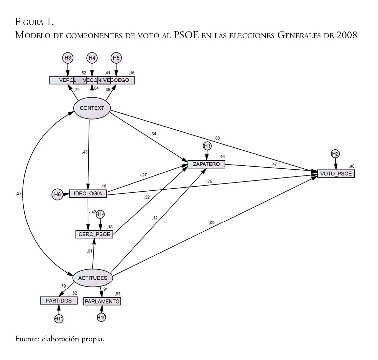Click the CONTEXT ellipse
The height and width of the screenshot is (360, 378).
click(92, 108)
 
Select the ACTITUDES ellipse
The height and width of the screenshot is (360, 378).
click(93, 278)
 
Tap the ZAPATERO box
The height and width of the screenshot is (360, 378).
click(206, 164)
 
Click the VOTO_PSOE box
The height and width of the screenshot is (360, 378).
click(336, 174)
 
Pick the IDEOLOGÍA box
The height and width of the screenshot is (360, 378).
click(88, 193)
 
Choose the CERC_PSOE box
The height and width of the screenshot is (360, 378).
click(94, 234)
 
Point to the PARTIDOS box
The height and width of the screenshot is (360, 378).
click(59, 300)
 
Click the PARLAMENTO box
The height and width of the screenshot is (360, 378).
click(102, 301)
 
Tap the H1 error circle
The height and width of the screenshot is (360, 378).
click(207, 146)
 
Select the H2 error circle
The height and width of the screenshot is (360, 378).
click(335, 154)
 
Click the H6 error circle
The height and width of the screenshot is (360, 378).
click(57, 194)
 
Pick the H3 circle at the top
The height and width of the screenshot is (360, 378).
click(68, 58)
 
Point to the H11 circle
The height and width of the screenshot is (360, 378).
click(59, 318)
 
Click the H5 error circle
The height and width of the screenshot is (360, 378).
click(116, 58)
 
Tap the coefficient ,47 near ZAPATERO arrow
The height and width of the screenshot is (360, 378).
click(274, 164)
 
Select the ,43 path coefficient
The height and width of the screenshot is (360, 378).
click(85, 152)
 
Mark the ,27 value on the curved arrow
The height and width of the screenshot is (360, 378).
click(19, 193)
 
